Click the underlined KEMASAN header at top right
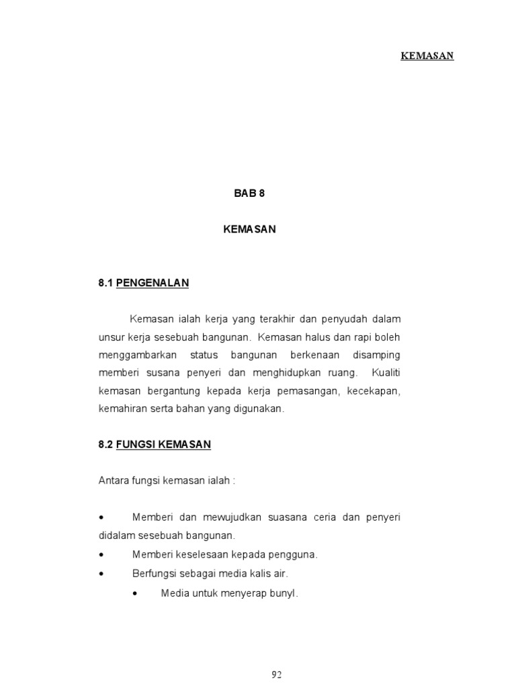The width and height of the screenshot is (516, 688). [x=427, y=56]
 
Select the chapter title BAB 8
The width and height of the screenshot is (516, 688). [x=249, y=193]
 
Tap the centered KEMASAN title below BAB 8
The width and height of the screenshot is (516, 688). [x=249, y=229]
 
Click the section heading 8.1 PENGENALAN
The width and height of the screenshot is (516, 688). [x=143, y=284]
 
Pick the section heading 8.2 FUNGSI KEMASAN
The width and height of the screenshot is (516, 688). [x=155, y=444]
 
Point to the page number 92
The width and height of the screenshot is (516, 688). [x=277, y=675]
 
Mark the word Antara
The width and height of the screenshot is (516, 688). [x=113, y=481]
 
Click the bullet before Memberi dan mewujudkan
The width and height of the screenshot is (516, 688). [x=101, y=518]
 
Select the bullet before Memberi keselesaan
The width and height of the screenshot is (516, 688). [x=101, y=555]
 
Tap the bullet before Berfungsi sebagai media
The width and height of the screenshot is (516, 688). [x=101, y=574]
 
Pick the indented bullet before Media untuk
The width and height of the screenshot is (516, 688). [x=136, y=593]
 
